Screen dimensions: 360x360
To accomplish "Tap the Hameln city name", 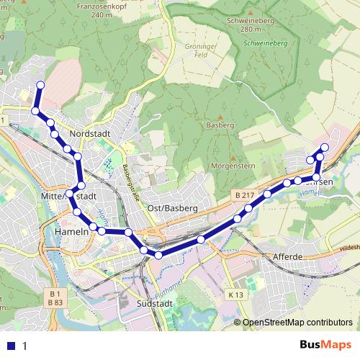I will coord(71,232).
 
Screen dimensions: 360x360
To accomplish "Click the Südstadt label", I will coord(153,304).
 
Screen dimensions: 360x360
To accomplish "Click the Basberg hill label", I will coord(220,125).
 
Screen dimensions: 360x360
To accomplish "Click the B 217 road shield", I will coord(244,195).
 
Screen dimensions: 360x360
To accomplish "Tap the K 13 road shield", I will coord(235,295).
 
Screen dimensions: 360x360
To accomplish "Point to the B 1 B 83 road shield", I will coord(54,298).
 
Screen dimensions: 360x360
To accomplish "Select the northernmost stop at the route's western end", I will coord(40,86).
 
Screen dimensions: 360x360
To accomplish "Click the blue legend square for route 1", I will coord(12,346).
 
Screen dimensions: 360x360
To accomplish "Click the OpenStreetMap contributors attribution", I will coord(297,323).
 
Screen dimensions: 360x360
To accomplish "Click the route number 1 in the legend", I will coord(25,346).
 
